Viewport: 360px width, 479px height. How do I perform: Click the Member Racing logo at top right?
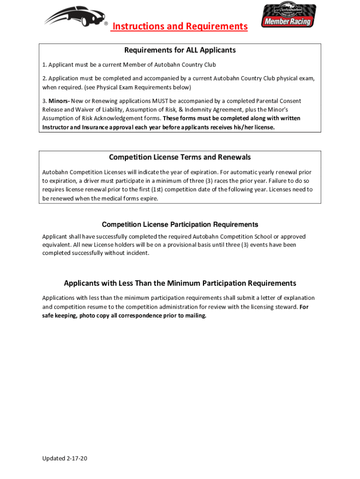click(288, 15)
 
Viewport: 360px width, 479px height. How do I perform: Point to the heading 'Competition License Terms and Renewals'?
click(180, 157)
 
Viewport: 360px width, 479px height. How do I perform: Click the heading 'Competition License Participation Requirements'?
click(180, 225)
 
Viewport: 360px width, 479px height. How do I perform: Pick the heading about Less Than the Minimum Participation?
click(180, 283)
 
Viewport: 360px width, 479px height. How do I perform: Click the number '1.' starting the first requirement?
click(44, 65)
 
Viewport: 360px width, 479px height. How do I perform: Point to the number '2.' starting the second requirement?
click(44, 79)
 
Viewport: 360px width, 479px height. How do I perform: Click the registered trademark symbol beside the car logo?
click(106, 23)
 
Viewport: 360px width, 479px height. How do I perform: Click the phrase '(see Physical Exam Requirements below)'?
click(131, 87)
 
